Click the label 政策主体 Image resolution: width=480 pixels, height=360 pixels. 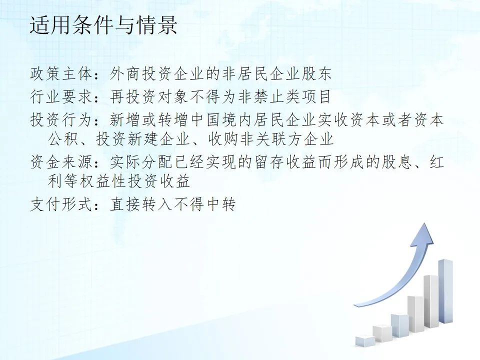click(x=61, y=74)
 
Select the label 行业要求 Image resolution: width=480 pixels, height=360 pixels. click(x=61, y=96)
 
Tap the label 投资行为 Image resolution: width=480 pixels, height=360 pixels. click(x=61, y=119)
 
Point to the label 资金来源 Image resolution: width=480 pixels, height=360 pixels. click(x=61, y=161)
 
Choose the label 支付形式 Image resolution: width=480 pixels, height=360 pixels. click(x=61, y=204)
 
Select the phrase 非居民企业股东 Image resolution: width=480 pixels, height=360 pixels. click(x=276, y=74)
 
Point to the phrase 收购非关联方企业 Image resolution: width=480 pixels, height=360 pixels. click(x=270, y=139)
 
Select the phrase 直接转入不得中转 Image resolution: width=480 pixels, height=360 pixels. click(x=172, y=204)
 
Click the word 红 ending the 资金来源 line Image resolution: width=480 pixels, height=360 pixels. click(x=436, y=161)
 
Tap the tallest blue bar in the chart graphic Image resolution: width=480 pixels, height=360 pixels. click(x=445, y=291)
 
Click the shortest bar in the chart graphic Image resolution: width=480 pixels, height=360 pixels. click(x=365, y=341)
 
